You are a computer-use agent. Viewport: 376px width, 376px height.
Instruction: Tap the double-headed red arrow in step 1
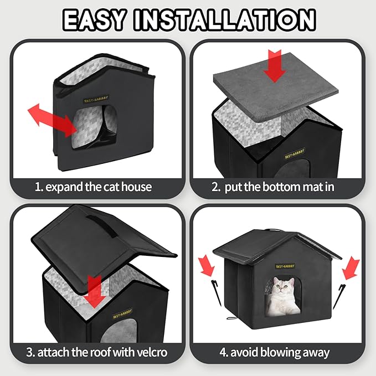pos(53,119)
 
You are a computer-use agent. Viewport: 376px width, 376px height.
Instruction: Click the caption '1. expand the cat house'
pos(93,187)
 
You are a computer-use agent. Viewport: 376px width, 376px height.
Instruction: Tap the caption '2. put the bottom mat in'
pos(273,187)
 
